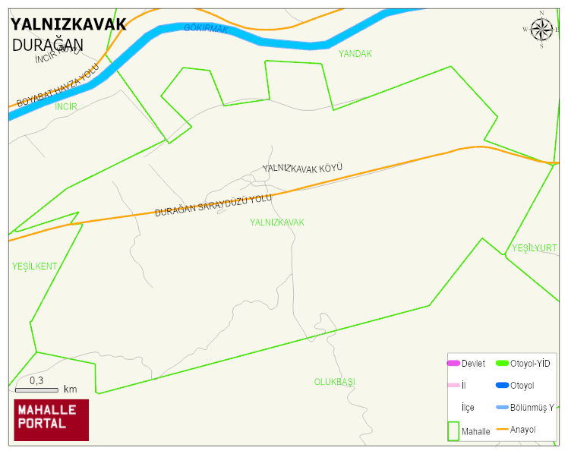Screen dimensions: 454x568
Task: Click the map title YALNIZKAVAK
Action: pos(68,24)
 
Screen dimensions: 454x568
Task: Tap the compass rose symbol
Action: pos(541,30)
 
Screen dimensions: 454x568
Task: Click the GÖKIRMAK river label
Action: pos(206,29)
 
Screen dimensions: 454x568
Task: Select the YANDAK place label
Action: pos(355,53)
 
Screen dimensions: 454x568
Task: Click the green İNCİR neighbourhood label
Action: pos(66,106)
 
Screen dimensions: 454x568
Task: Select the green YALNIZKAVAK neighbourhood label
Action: pos(276,222)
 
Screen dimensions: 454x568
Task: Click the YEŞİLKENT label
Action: pos(34,266)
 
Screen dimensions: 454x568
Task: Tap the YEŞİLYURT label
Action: pos(534,248)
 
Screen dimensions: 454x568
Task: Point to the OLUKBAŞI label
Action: pos(335,381)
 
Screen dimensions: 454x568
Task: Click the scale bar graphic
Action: pos(36,390)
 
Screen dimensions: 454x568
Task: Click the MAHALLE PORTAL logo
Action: pos(52,420)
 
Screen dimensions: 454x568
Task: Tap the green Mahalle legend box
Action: pos(453,430)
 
